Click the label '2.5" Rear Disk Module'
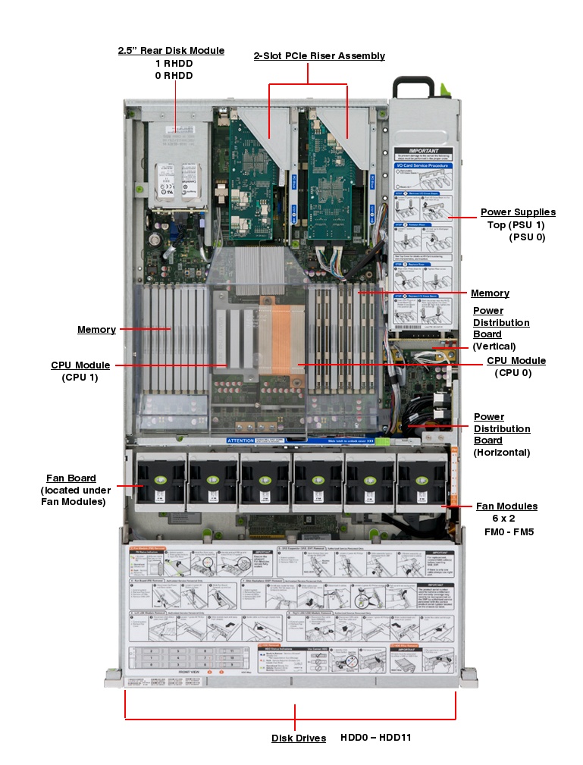pos(171,51)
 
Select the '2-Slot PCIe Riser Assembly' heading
pos(319,56)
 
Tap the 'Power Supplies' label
pos(518,212)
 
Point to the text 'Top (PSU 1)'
pos(516,225)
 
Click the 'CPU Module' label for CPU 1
pos(80,365)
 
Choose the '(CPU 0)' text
pos(513,373)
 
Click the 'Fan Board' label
pos(71,478)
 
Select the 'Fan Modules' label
pos(506,506)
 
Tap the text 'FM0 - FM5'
pos(509,532)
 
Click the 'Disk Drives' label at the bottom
pos(299,738)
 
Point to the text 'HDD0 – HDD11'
pos(375,737)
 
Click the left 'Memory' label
pos(96,329)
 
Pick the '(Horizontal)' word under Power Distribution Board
pos(501,453)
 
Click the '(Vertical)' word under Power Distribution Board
pos(494,346)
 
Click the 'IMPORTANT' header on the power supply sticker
pos(424,152)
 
